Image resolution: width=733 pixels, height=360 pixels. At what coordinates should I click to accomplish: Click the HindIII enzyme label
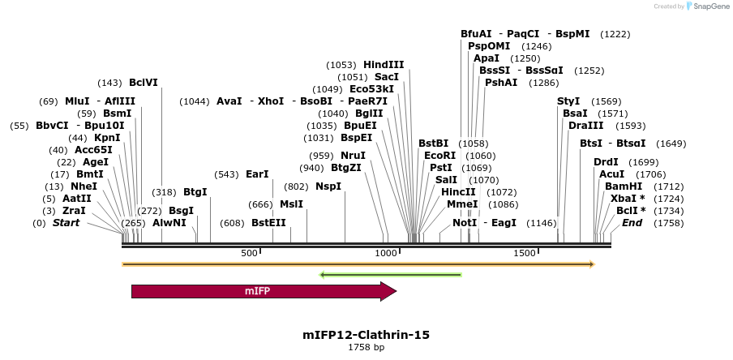[384, 65]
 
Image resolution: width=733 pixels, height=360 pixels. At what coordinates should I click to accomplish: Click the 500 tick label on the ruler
[249, 254]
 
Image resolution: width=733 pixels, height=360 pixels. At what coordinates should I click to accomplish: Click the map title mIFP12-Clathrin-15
[366, 334]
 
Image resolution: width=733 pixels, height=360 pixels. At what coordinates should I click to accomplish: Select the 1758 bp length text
[366, 348]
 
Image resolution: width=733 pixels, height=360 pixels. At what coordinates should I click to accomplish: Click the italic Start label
[66, 223]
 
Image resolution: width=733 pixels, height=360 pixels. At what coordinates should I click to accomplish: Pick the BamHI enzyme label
[624, 186]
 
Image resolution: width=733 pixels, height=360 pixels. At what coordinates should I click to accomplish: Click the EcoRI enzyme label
[440, 156]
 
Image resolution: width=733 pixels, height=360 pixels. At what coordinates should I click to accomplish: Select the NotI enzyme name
[465, 223]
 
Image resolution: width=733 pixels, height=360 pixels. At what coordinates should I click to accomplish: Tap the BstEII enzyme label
[268, 223]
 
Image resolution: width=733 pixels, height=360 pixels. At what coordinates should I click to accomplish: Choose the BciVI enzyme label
[144, 83]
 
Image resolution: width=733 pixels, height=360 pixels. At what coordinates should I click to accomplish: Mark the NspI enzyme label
[328, 186]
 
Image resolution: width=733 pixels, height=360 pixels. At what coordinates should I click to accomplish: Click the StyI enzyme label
[568, 101]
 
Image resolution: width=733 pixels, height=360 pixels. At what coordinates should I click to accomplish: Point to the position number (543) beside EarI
[226, 174]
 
